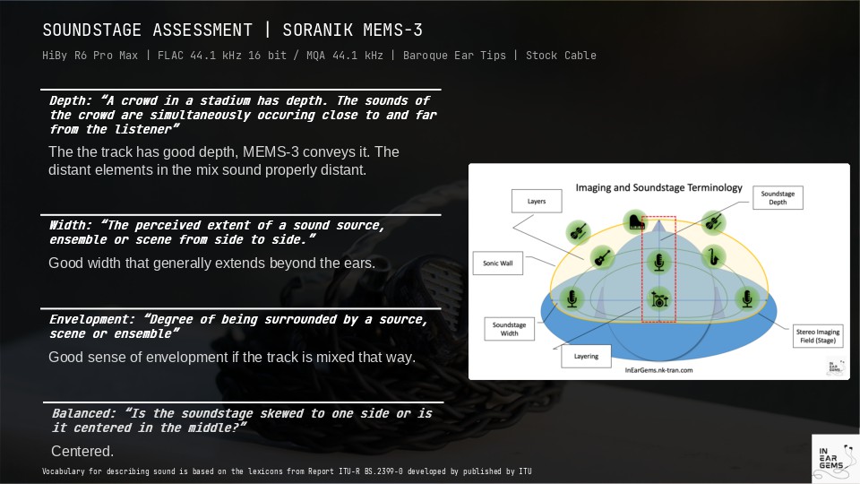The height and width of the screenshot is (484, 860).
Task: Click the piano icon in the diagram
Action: click(635, 221)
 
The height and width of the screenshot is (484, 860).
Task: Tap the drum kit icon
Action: click(658, 299)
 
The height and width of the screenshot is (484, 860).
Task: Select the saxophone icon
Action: click(714, 256)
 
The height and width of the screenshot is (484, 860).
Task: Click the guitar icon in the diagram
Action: click(602, 256)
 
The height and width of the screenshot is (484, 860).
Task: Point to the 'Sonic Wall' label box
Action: click(498, 264)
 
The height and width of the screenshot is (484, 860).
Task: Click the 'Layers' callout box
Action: click(537, 201)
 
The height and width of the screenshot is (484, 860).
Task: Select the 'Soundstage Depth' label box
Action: click(778, 197)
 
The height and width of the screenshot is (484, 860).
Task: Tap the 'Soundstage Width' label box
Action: click(509, 329)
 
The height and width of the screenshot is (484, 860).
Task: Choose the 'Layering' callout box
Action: click(586, 356)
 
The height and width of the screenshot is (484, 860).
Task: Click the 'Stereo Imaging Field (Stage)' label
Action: click(818, 336)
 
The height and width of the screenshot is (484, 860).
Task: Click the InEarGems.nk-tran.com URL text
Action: click(658, 370)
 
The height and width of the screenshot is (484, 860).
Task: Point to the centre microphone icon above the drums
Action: click(658, 261)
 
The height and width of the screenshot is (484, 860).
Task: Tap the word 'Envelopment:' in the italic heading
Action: click(92, 319)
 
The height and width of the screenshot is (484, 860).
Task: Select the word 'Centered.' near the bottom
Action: click(82, 451)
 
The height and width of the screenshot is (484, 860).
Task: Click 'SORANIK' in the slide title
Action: click(317, 30)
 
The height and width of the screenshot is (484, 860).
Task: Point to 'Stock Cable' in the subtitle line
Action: click(561, 56)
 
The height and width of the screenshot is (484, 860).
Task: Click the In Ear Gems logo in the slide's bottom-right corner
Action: click(835, 458)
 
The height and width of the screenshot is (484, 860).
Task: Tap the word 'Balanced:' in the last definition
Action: click(84, 414)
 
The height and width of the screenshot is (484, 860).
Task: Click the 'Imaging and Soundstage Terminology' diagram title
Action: click(658, 187)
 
